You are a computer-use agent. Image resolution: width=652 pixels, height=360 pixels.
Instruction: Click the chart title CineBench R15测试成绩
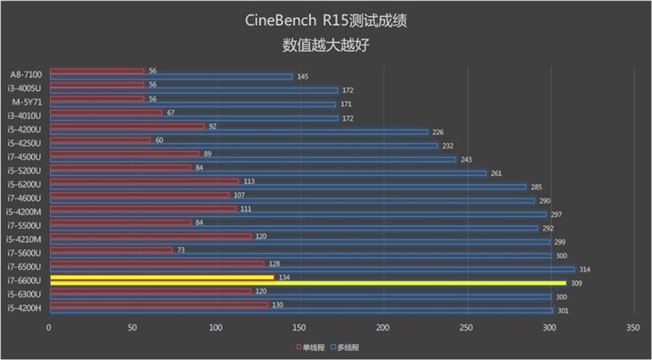click(x=327, y=19)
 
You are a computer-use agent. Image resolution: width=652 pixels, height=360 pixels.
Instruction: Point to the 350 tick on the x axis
click(x=632, y=328)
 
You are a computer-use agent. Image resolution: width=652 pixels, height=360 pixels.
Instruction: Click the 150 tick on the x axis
click(x=299, y=328)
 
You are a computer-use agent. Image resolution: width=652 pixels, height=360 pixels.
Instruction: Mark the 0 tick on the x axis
click(x=49, y=328)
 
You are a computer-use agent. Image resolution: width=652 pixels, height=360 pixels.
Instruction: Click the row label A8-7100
click(x=26, y=74)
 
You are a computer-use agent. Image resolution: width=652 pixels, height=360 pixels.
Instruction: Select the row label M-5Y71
click(x=26, y=102)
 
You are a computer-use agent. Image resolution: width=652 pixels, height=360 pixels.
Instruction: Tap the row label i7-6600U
click(x=26, y=280)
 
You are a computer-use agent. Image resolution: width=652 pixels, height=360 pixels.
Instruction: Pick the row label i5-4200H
click(x=26, y=308)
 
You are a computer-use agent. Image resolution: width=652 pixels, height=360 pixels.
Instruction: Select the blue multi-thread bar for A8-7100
click(x=170, y=77)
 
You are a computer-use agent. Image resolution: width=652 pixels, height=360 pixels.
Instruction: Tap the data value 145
click(x=303, y=77)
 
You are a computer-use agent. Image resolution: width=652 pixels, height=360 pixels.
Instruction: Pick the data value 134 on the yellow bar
click(x=284, y=277)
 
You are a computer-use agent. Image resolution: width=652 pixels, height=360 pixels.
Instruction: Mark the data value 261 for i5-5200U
click(x=497, y=173)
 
